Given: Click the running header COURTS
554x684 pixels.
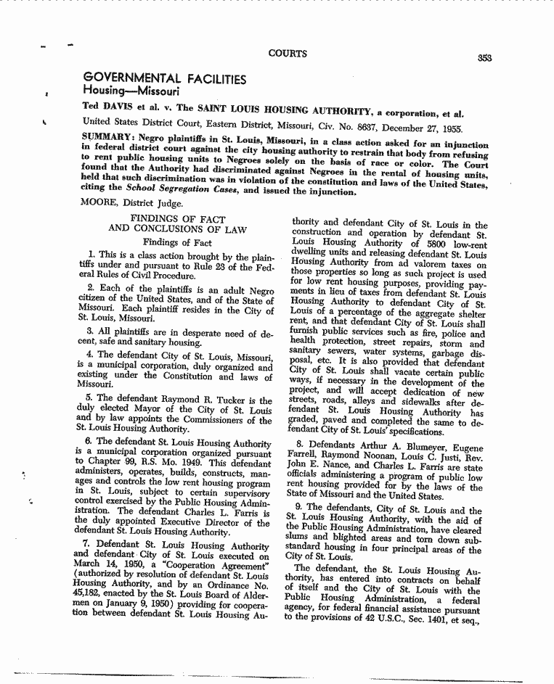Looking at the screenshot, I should [288, 53].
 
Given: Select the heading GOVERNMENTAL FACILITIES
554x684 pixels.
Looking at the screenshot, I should [165, 77].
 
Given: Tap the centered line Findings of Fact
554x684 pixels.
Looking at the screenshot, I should [177, 242].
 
